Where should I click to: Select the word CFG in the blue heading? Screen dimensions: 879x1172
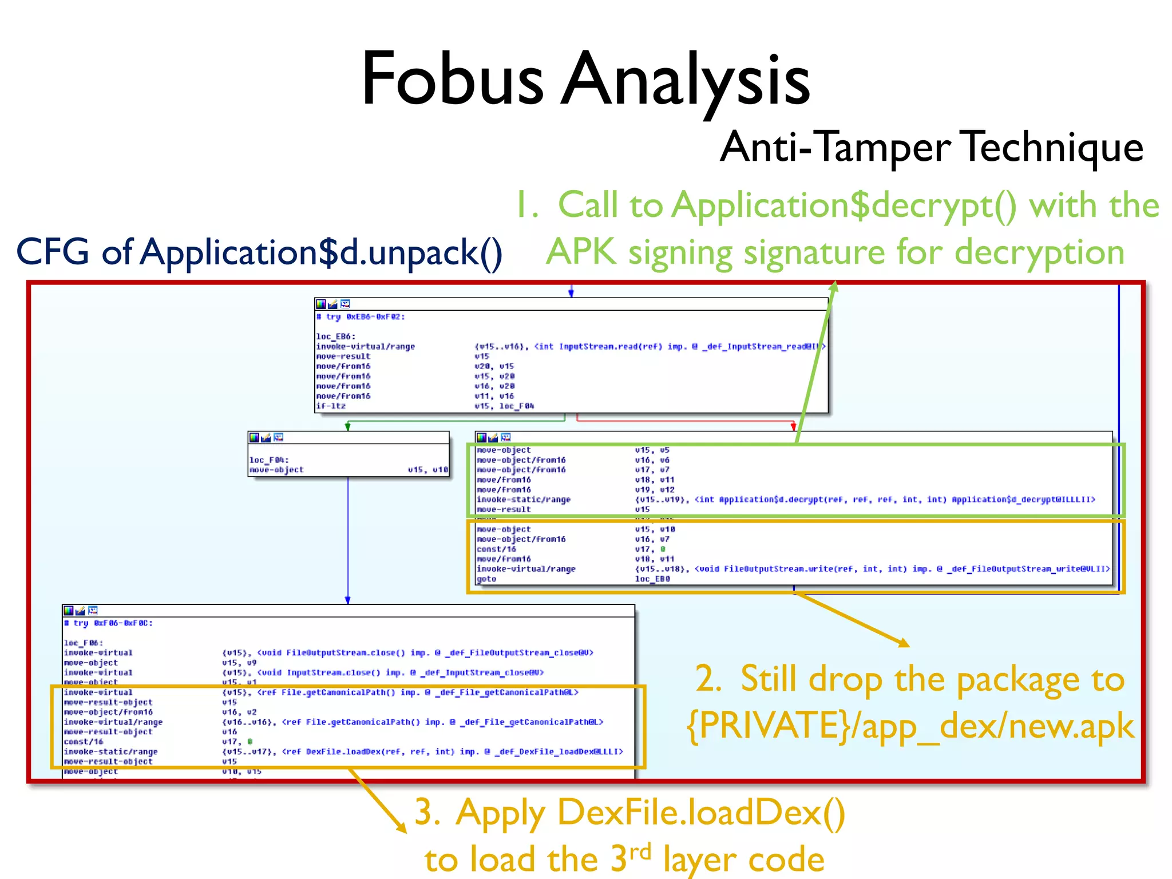pyautogui.click(x=53, y=252)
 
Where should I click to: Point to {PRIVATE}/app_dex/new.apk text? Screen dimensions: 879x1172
pyautogui.click(x=910, y=726)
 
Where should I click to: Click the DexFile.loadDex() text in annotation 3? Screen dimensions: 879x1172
pyautogui.click(x=701, y=813)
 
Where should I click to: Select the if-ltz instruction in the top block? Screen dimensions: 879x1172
pyautogui.click(x=331, y=406)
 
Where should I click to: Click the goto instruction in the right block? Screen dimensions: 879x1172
pyautogui.click(x=486, y=579)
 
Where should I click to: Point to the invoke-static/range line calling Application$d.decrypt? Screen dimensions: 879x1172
pyautogui.click(x=523, y=500)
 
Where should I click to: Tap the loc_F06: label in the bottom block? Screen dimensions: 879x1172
pyautogui.click(x=84, y=643)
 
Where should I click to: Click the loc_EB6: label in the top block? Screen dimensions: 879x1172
pyautogui.click(x=336, y=336)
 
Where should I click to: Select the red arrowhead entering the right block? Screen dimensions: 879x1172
pyautogui.click(x=793, y=426)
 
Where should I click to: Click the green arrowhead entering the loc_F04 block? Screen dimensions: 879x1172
pyautogui.click(x=347, y=427)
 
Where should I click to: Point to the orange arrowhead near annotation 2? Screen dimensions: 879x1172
pyautogui.click(x=904, y=643)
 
